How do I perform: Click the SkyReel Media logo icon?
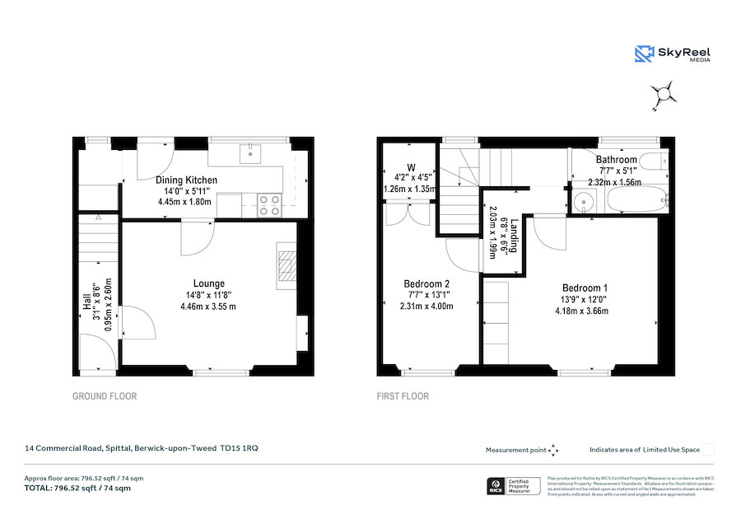tap(644, 54)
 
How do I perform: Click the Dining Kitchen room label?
tap(187, 180)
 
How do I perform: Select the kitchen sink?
tap(249, 152)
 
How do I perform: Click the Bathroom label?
tap(617, 160)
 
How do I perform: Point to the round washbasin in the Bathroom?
tap(585, 201)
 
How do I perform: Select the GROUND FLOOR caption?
tap(105, 396)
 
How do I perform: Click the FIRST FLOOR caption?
tap(403, 396)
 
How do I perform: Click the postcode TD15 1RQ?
tap(239, 448)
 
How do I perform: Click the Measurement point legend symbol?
tap(553, 450)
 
